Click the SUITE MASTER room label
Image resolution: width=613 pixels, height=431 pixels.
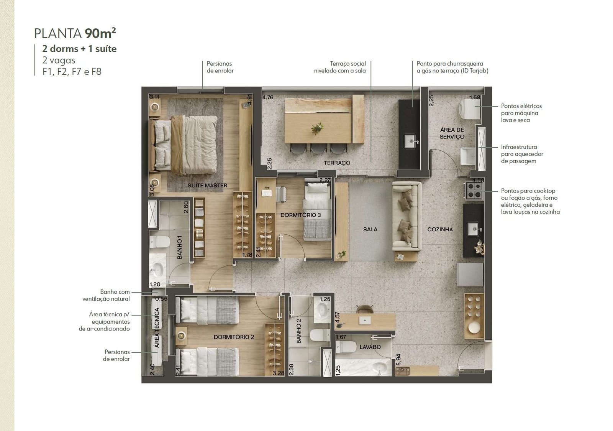point(207,185)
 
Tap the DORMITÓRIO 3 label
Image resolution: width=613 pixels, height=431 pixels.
point(300,215)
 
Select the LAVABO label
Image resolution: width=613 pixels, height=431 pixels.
point(370,347)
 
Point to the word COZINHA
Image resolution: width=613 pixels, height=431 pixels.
point(440,229)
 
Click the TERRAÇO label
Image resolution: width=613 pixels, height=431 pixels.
point(337,163)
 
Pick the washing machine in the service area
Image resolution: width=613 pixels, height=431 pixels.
point(471,109)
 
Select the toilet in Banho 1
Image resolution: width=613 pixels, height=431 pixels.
point(160,242)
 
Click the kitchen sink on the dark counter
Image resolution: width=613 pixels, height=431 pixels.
point(474,229)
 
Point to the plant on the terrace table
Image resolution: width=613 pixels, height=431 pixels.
point(318,128)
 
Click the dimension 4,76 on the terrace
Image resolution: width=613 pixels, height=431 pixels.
point(268,97)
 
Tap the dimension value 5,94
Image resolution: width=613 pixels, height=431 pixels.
point(398,360)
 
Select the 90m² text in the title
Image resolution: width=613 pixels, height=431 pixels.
point(100,33)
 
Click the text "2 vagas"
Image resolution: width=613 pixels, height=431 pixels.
point(59,60)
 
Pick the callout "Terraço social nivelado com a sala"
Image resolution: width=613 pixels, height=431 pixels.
point(340,67)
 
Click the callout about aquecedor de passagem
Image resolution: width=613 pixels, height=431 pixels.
point(522,154)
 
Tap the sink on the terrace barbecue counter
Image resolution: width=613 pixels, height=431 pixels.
point(412,141)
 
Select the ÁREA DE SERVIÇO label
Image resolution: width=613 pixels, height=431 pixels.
point(452,133)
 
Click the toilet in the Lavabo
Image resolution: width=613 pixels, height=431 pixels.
point(345,347)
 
